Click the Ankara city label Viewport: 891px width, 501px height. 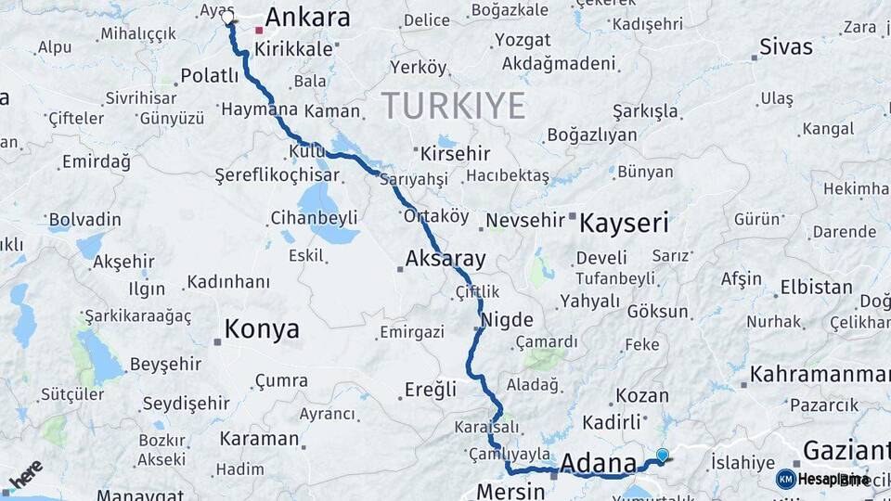(307, 18)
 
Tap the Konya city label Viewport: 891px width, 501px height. (262, 329)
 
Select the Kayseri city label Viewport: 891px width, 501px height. (624, 223)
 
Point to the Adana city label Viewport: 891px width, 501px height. (599, 463)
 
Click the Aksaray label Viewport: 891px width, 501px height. (445, 258)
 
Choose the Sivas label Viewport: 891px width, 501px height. (785, 46)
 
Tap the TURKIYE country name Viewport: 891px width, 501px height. (453, 105)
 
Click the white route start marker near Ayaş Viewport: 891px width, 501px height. (228, 17)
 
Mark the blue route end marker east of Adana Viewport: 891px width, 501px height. (662, 455)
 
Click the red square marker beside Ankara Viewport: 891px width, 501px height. (259, 30)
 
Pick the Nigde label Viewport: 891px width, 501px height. (507, 321)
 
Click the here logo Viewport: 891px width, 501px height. (26, 474)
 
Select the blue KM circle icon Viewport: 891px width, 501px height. (785, 479)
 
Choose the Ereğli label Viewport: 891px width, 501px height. (431, 390)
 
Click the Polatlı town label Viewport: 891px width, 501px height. (210, 76)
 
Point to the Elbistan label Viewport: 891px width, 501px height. (816, 287)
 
